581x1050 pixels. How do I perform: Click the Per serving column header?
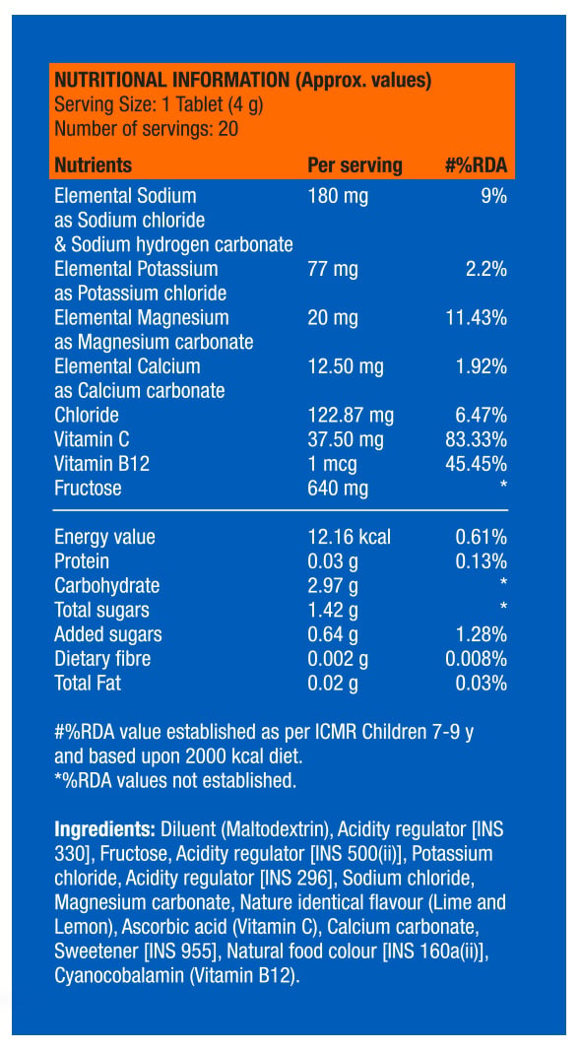[x=355, y=165]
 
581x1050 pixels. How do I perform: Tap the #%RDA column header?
[x=476, y=165]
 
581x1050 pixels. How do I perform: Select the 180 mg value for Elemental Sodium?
[x=338, y=197]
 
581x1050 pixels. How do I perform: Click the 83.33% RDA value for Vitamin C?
[x=476, y=440]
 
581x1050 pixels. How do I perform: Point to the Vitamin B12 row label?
[x=101, y=464]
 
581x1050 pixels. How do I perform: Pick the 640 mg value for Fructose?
[x=338, y=489]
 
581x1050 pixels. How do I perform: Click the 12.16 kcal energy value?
[x=349, y=537]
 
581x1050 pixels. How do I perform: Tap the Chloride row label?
[x=87, y=416]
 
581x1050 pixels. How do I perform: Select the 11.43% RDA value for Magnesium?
[x=476, y=318]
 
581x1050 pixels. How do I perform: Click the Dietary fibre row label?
[x=102, y=659]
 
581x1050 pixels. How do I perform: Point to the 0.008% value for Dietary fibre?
[x=476, y=659]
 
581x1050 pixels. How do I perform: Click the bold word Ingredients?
[x=105, y=830]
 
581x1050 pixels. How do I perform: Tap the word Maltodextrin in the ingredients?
[x=275, y=830]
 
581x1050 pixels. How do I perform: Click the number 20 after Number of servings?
[x=228, y=128]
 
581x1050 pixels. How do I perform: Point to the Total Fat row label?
[x=88, y=684]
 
